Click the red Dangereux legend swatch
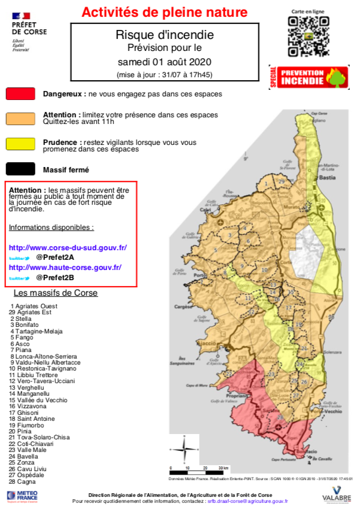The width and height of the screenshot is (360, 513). (x=21, y=94)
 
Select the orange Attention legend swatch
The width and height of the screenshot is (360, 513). (x=21, y=118)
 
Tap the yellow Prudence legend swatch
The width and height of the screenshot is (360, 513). (x=21, y=144)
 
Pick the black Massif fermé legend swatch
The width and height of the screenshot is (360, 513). (x=21, y=169)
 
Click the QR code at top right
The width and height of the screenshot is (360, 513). (x=308, y=36)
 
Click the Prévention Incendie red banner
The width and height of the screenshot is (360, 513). (x=309, y=77)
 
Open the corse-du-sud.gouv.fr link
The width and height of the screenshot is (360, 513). (x=68, y=247)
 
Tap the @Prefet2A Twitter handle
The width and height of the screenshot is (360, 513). (x=55, y=257)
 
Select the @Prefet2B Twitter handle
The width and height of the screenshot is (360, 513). (x=55, y=278)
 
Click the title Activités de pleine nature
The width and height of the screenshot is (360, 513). (x=164, y=11)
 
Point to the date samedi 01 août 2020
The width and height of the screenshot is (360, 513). (x=164, y=62)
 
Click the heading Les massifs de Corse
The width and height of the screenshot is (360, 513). (x=55, y=293)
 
